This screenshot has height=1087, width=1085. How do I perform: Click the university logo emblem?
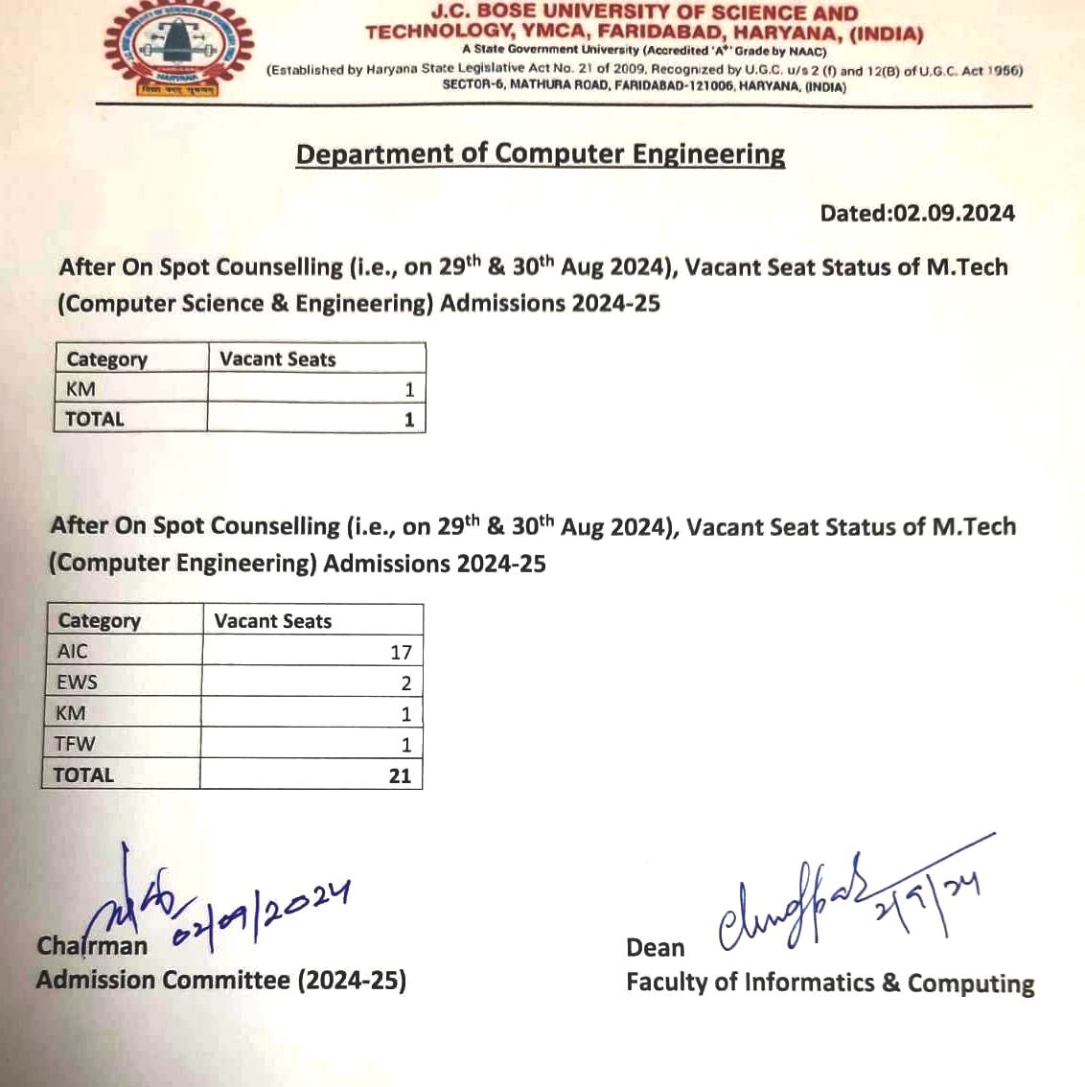tap(178, 48)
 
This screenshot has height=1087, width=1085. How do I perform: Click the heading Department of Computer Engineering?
tap(540, 154)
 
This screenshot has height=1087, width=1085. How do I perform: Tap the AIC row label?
tap(72, 652)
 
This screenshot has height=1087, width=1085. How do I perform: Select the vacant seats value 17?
tap(401, 653)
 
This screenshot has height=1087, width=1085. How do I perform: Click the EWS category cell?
tap(77, 682)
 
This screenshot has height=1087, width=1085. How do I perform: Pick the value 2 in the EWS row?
tap(405, 683)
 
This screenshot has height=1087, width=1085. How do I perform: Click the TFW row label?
tap(75, 744)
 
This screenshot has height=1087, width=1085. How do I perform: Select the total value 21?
tap(400, 775)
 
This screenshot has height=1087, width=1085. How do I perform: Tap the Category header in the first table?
tap(106, 359)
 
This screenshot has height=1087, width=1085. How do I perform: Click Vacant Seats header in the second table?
tap(272, 621)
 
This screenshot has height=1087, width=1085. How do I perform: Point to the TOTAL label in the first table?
tap(94, 419)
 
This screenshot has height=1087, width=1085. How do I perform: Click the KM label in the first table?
tap(81, 389)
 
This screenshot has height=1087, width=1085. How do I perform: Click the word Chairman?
tap(92, 946)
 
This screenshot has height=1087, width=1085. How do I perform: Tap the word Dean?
tap(655, 948)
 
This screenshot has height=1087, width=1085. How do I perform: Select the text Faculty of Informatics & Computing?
tap(829, 983)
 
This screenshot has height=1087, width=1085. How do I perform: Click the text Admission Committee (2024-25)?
tap(220, 980)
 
